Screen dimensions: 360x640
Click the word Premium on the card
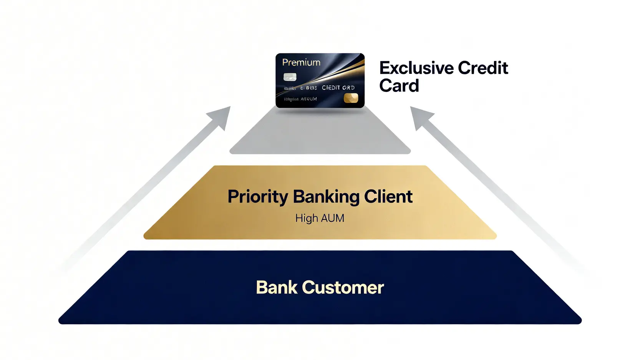[x=301, y=62]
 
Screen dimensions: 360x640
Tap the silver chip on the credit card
[x=290, y=76]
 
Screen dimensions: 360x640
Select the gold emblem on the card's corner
[x=351, y=98]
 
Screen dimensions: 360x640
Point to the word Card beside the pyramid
[x=399, y=86]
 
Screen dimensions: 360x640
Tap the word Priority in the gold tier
[x=258, y=197]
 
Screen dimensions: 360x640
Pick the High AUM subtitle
[x=320, y=218]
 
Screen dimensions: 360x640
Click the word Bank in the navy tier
[x=277, y=287]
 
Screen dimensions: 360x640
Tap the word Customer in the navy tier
[x=343, y=287]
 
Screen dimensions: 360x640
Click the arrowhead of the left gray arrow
[x=221, y=116]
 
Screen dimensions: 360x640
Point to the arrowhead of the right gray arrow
[x=420, y=116]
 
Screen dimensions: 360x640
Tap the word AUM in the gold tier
[x=332, y=218]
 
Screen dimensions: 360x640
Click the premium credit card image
[x=320, y=80]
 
